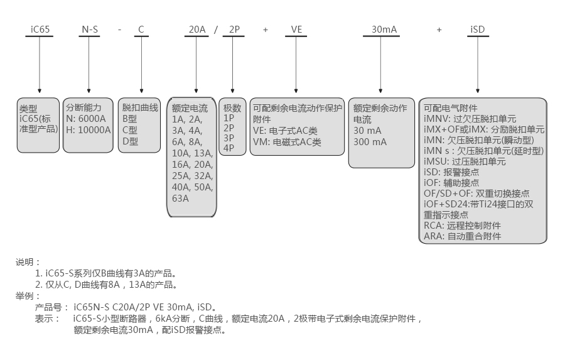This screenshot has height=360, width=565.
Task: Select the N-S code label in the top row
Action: click(89, 29)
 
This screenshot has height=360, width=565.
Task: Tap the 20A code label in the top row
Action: click(198, 29)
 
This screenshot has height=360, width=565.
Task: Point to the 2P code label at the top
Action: click(234, 29)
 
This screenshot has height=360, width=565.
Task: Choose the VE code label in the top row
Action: click(296, 29)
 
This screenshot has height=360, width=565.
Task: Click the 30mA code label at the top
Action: click(383, 29)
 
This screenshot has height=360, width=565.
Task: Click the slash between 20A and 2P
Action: click(216, 30)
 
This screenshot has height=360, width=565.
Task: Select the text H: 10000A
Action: click(89, 129)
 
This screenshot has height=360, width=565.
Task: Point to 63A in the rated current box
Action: click(180, 199)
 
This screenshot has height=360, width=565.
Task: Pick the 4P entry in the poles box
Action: click(229, 148)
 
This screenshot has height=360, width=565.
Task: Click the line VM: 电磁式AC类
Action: click(287, 142)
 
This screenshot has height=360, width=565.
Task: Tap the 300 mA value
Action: click(370, 142)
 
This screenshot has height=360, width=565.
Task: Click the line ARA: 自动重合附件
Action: click(463, 236)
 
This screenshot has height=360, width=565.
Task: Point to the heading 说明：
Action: click(28, 262)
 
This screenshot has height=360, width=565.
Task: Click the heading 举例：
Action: click(28, 296)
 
